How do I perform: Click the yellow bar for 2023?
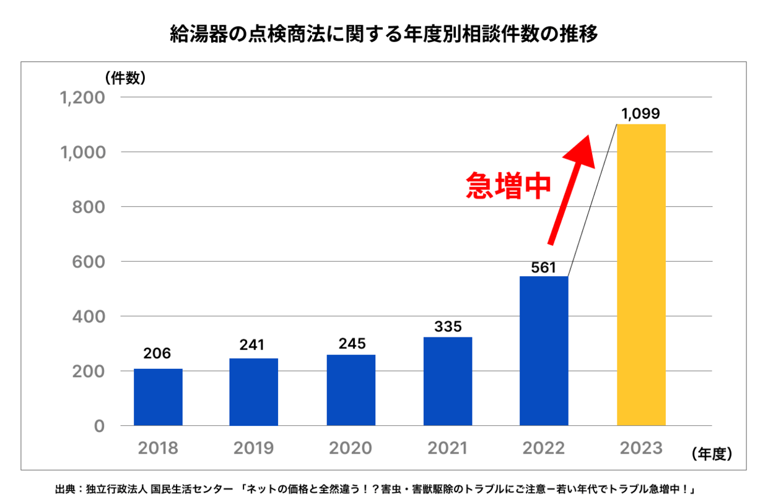click(x=641, y=275)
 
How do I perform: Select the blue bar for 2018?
click(x=158, y=397)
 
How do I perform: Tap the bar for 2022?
click(x=544, y=350)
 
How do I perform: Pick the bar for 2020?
click(x=351, y=390)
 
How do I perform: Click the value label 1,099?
click(x=641, y=114)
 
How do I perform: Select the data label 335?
click(x=448, y=326)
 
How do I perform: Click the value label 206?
click(x=158, y=353)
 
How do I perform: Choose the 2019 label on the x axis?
click(x=254, y=448)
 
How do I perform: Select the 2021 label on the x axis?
click(x=448, y=448)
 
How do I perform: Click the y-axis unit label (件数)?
click(x=125, y=78)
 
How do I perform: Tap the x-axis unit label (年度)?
click(x=712, y=454)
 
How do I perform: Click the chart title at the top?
click(x=384, y=34)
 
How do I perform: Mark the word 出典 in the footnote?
click(x=64, y=489)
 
